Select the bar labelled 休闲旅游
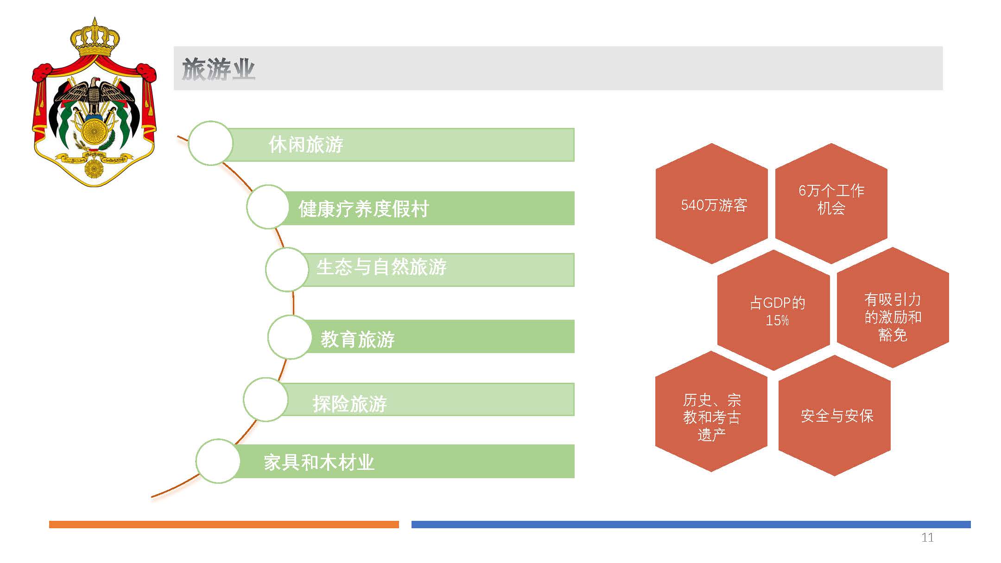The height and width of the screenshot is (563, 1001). [399, 145]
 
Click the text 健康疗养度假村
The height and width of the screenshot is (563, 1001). [364, 209]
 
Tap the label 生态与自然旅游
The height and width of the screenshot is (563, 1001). [381, 267]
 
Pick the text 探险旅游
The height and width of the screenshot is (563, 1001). [350, 404]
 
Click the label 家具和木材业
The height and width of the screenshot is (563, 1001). [319, 462]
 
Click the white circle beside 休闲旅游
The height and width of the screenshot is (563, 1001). [210, 143]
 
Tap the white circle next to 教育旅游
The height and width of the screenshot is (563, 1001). [290, 337]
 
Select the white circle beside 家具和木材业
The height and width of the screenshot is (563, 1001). [218, 461]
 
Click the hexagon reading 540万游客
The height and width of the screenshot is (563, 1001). [712, 204]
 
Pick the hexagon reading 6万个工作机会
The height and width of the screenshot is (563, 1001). [831, 204]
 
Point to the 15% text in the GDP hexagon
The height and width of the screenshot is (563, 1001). [777, 320]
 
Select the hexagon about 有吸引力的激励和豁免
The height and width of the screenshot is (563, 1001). [893, 308]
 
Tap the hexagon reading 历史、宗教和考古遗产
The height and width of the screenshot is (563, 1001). [711, 411]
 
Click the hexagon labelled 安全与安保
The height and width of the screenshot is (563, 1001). [835, 416]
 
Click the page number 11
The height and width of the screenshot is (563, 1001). [927, 538]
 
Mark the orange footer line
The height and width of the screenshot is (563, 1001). [224, 525]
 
